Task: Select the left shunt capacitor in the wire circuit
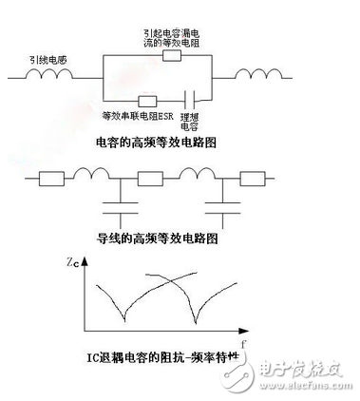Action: pos(118,201)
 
